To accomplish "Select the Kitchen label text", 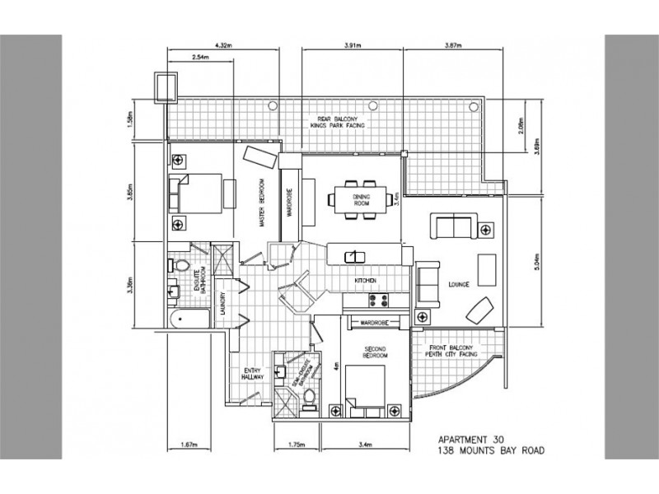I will (x=365, y=281).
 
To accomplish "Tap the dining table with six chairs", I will (x=358, y=198).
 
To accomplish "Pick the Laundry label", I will (x=224, y=308).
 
